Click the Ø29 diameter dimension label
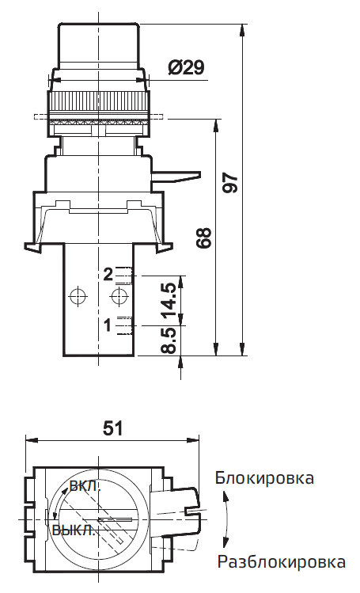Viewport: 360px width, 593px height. click(x=186, y=68)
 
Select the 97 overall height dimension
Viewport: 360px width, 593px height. click(x=230, y=183)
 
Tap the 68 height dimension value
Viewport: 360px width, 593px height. click(x=204, y=238)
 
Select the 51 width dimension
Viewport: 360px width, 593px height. click(x=113, y=428)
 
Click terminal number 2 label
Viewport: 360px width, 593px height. click(x=108, y=275)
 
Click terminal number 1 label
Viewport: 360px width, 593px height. click(x=108, y=324)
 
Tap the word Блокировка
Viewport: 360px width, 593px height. click(x=264, y=478)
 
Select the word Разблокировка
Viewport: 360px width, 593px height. click(x=281, y=563)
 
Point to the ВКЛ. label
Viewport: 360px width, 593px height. click(x=85, y=485)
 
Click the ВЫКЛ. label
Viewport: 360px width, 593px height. click(x=74, y=530)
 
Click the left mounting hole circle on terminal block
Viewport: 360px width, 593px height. click(x=77, y=297)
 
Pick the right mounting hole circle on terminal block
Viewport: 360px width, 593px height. click(x=119, y=297)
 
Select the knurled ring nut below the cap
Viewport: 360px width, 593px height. click(x=98, y=103)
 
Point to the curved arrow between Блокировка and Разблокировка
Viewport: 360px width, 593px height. click(x=226, y=520)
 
